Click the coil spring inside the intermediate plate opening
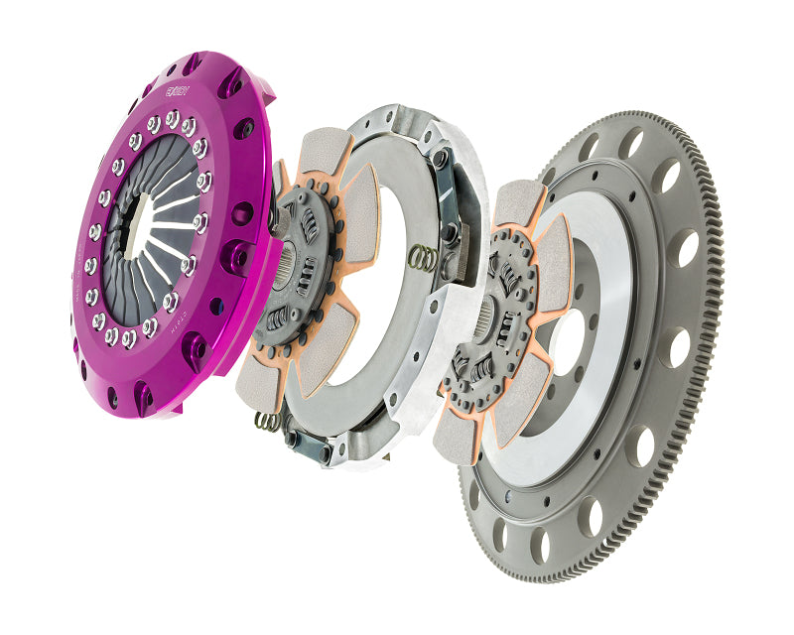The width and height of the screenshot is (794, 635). pyautogui.click(x=424, y=257)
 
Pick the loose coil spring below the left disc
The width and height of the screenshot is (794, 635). pyautogui.click(x=266, y=421)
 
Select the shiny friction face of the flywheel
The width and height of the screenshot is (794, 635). pyautogui.click(x=605, y=248)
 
